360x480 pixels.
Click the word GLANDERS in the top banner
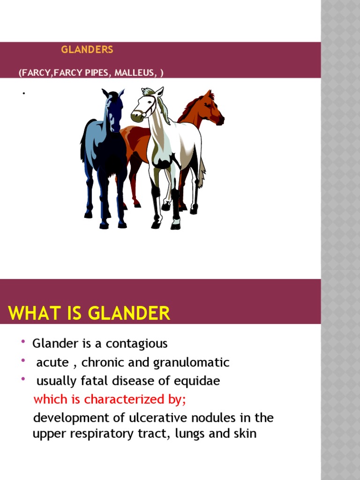point(87,49)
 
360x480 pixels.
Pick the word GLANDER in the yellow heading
point(127,313)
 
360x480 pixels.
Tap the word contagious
point(136,344)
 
